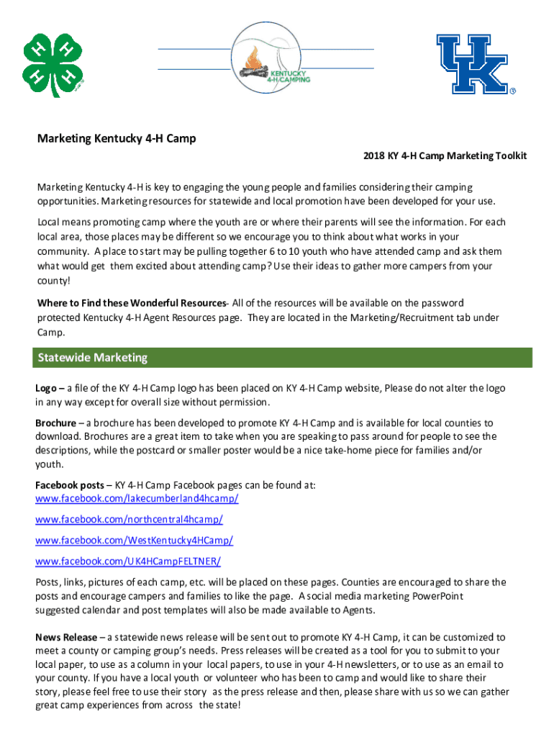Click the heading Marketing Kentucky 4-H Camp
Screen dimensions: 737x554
coord(117,139)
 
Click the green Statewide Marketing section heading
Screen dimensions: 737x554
coord(92,358)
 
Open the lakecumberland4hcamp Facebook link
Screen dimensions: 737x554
coord(137,499)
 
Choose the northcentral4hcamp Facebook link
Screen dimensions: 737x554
coord(129,520)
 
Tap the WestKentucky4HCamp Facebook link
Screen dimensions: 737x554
coord(134,541)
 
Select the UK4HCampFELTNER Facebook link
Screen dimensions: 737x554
coord(128,561)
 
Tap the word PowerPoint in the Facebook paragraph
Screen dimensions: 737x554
coord(437,597)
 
